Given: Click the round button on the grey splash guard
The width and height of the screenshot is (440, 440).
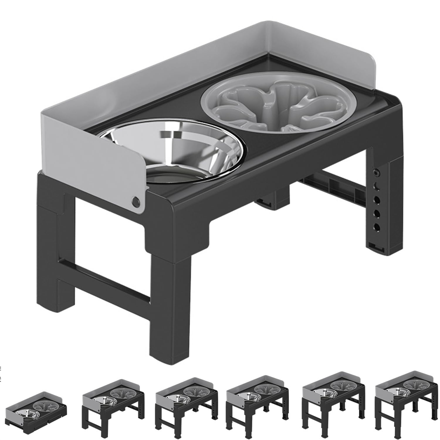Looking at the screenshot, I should pos(136,201).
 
